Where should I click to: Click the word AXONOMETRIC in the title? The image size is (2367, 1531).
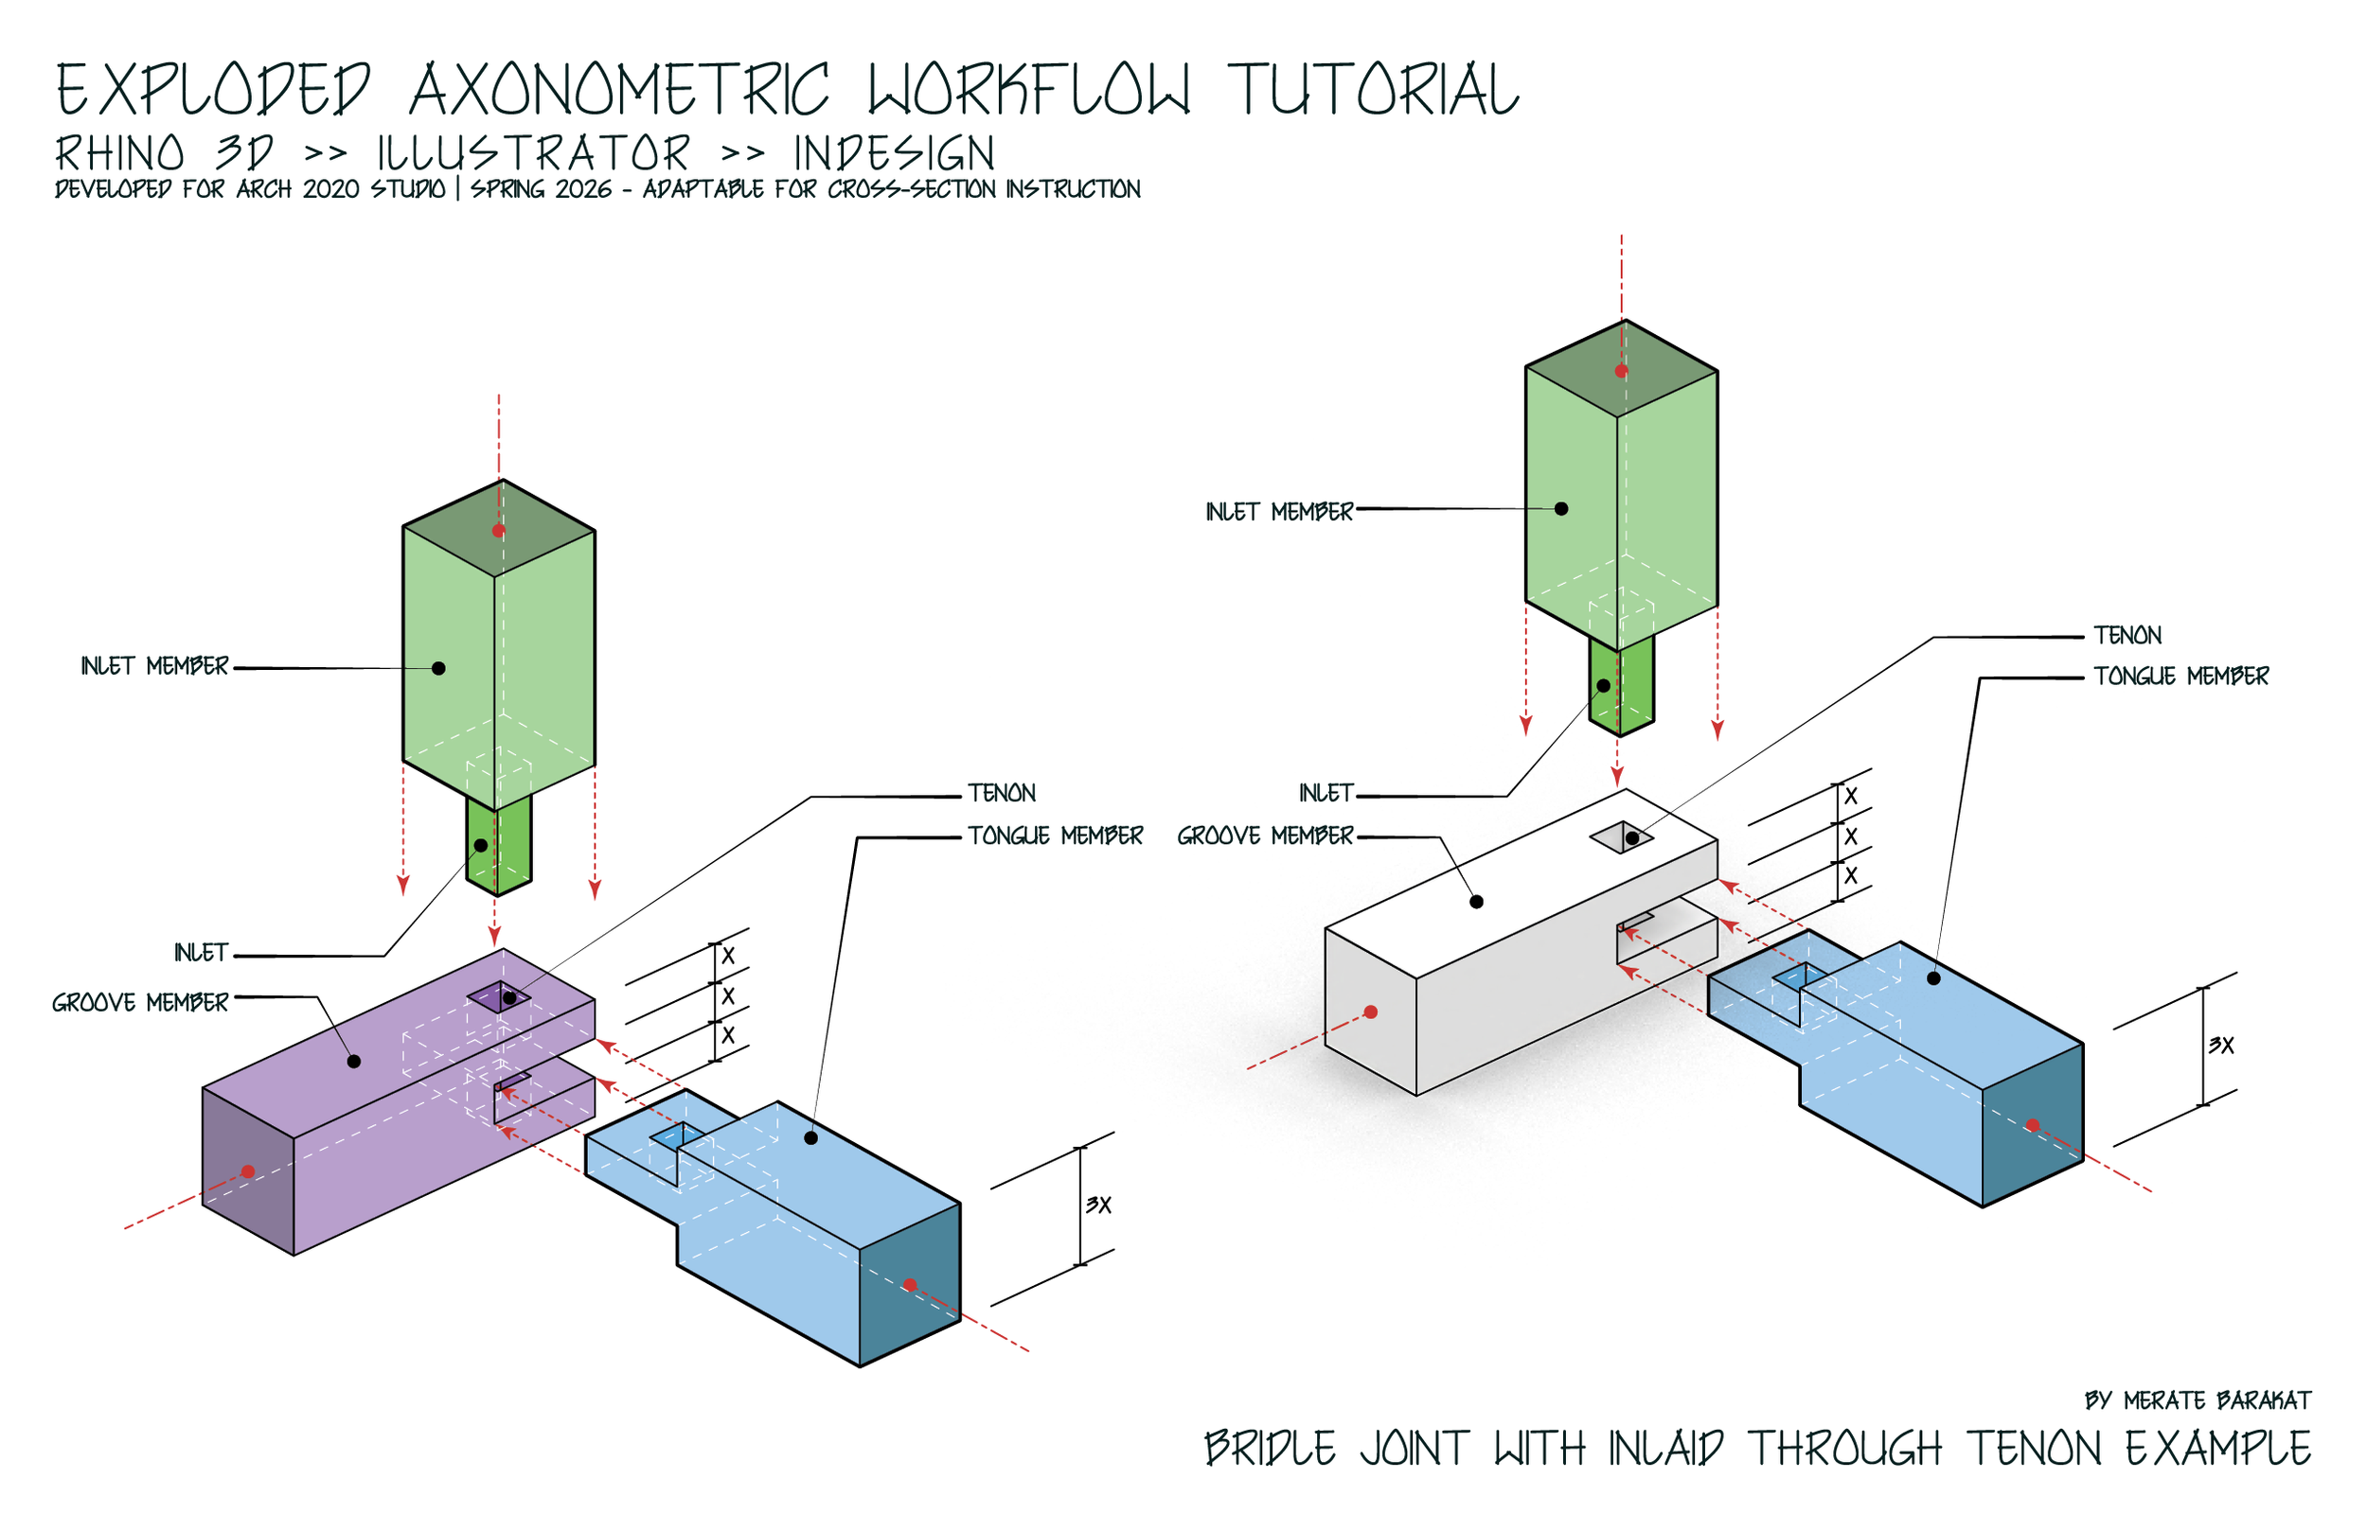click(618, 90)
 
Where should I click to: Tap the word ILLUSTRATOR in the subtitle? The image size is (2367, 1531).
click(533, 154)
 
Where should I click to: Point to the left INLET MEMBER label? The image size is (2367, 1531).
click(154, 666)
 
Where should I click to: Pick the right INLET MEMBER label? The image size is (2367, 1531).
click(1279, 512)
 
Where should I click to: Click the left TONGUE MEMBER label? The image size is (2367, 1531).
click(1055, 836)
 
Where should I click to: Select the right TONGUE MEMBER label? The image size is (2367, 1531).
click(2180, 677)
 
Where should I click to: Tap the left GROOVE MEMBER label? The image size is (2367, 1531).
click(140, 1003)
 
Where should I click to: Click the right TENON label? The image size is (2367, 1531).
click(2127, 635)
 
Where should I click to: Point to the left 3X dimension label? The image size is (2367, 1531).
click(1098, 1205)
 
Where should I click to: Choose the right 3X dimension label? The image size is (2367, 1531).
click(2221, 1045)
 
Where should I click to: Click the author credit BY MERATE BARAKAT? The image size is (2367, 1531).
click(2197, 1400)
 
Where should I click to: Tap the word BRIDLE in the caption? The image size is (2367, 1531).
click(1269, 1449)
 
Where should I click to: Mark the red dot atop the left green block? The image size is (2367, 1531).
click(498, 531)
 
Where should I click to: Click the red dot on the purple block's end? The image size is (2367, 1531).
click(248, 1172)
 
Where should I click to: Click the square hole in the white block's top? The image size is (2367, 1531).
click(1620, 837)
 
